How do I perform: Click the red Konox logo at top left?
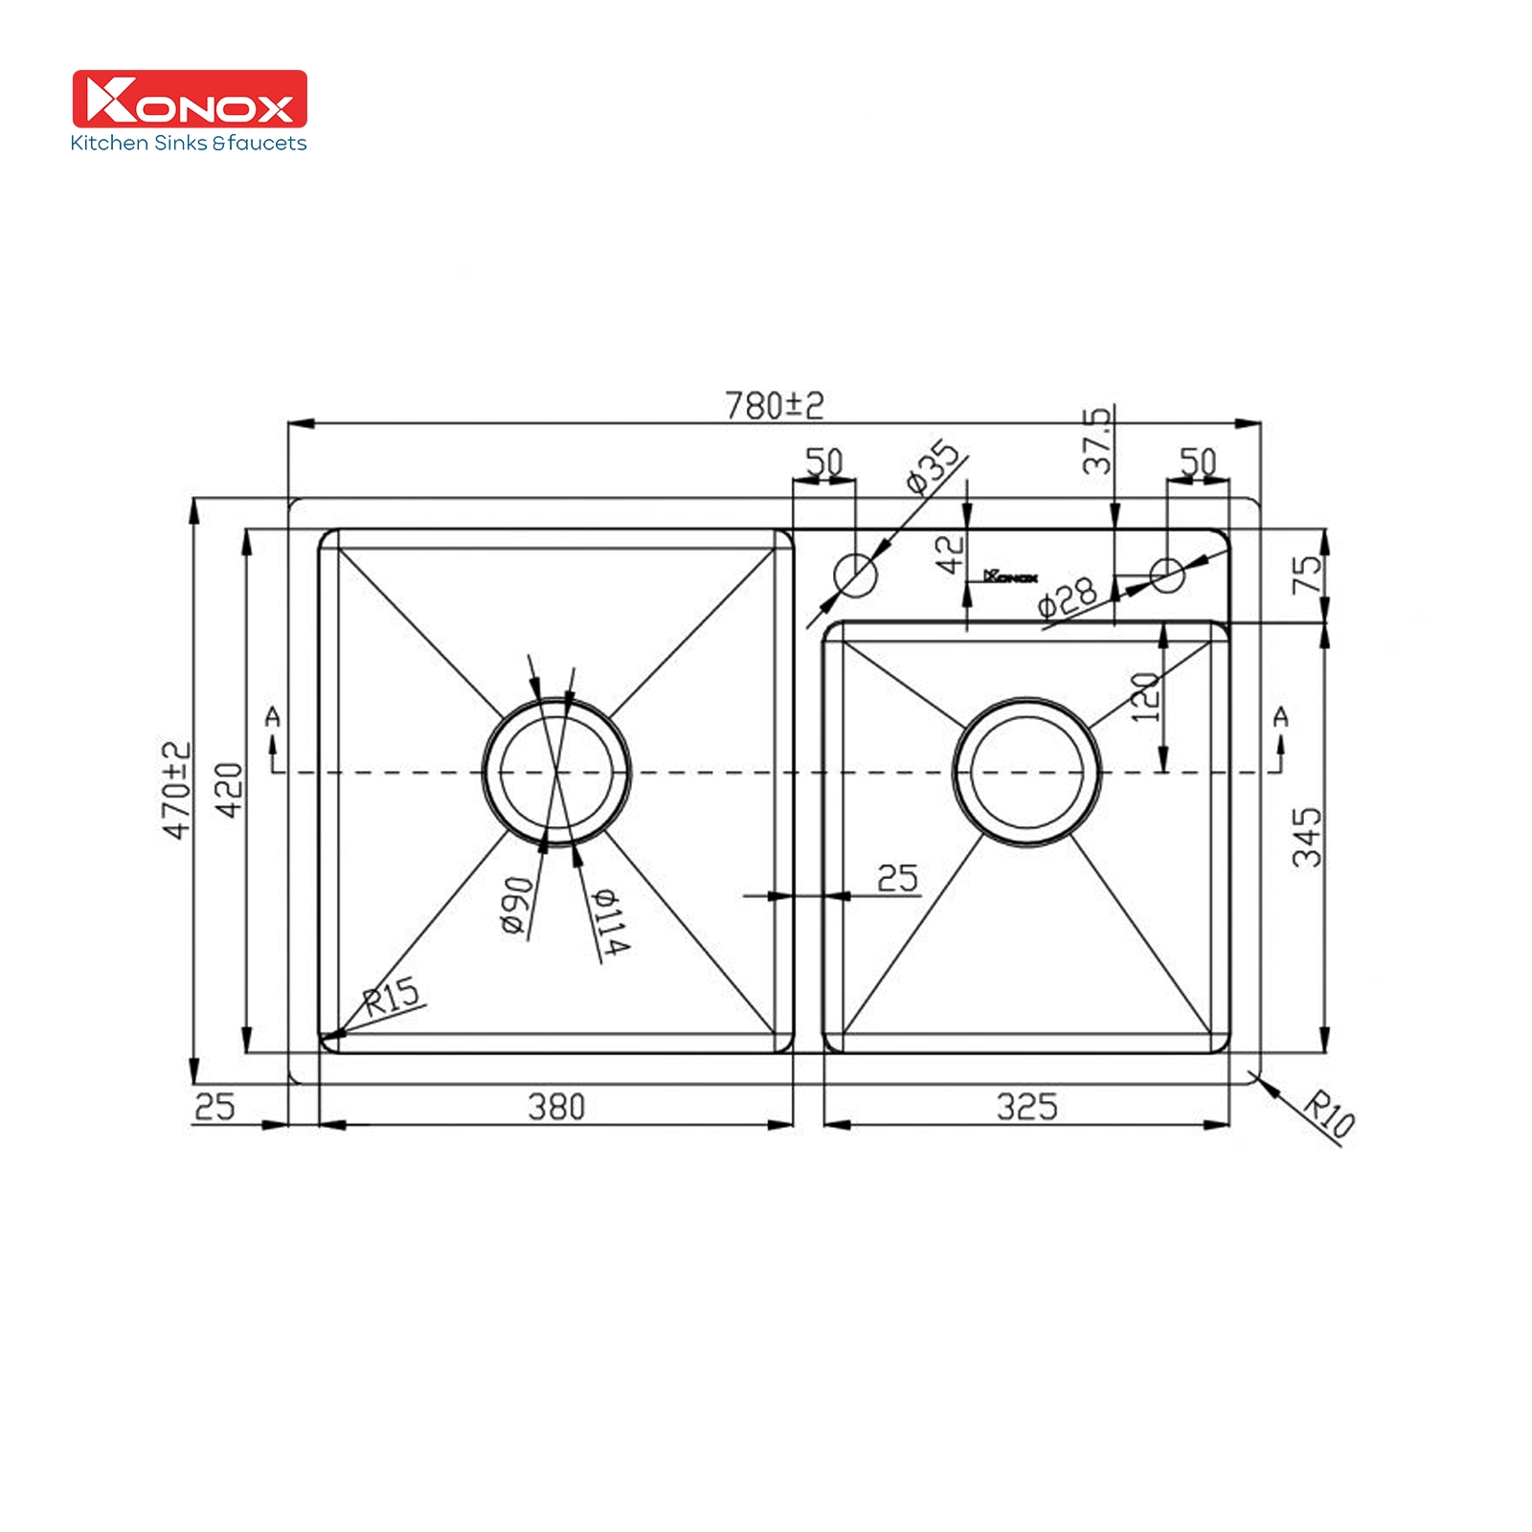[x=190, y=99]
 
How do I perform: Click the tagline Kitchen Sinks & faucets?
[x=189, y=144]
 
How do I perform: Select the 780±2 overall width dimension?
[x=774, y=406]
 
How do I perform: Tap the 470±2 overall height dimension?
[x=177, y=790]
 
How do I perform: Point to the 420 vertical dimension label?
[x=229, y=790]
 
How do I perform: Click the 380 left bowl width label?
[x=556, y=1107]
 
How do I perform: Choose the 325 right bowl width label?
[x=1026, y=1107]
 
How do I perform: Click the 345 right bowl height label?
[x=1307, y=837]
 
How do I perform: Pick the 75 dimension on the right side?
[x=1307, y=574]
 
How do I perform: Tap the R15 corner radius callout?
[x=393, y=997]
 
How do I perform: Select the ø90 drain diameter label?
[x=516, y=905]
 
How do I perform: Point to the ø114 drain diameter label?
[x=610, y=921]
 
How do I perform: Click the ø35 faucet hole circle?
[x=855, y=574]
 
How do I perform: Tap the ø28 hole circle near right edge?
[x=1167, y=574]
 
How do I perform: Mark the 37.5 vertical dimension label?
[x=1098, y=440]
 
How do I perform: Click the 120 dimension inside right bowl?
[x=1145, y=697]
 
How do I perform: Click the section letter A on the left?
[x=273, y=716]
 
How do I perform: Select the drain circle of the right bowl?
[x=1027, y=771]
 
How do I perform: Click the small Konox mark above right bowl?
[x=1010, y=576]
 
